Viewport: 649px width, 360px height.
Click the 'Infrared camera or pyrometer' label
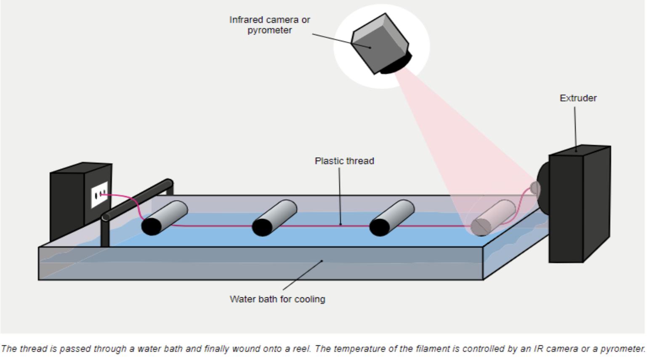pos(269,25)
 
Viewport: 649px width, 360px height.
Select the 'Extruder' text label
pos(578,98)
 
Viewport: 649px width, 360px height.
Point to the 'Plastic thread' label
pos(344,161)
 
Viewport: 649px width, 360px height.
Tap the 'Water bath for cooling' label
pos(277,299)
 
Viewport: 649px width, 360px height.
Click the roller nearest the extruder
pos(493,217)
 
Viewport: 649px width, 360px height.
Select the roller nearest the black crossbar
pos(164,217)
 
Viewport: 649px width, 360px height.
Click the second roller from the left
pos(274,217)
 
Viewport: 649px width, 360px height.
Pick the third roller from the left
pos(392,217)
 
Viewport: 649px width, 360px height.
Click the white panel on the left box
pos(99,195)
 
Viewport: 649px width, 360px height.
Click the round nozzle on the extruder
pos(535,188)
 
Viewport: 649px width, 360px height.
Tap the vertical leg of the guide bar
pos(105,233)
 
